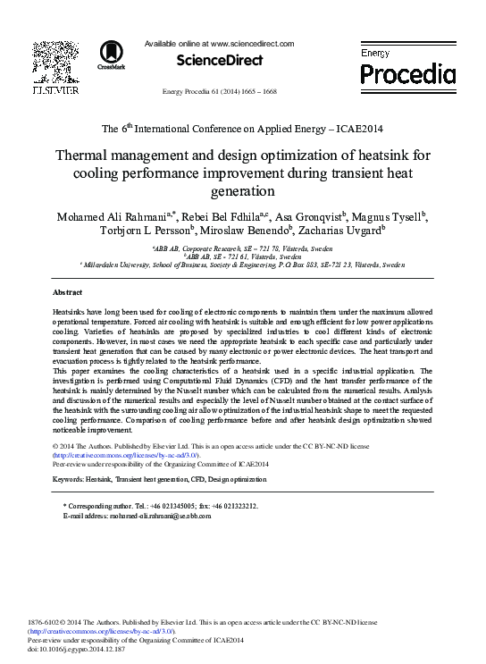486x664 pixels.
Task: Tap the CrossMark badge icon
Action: pyautogui.click(x=112, y=55)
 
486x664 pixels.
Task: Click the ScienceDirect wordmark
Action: pyautogui.click(x=221, y=60)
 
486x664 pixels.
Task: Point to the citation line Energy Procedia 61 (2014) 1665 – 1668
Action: pyautogui.click(x=232, y=92)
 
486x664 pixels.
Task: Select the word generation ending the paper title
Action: pyautogui.click(x=243, y=191)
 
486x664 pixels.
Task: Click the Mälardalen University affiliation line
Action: pyautogui.click(x=244, y=265)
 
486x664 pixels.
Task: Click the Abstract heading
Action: pyautogui.click(x=68, y=292)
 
